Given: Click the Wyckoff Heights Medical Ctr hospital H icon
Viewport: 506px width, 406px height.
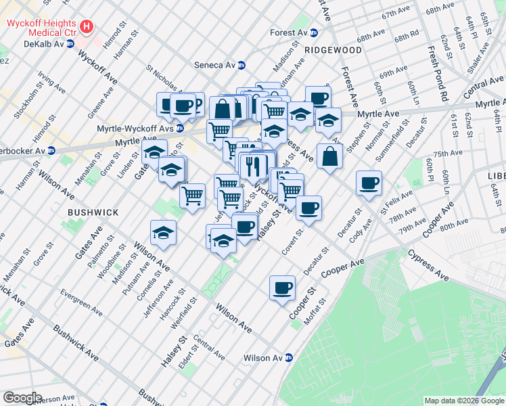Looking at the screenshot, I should click(86, 27).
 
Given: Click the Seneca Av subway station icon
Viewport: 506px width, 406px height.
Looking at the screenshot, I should click(241, 65).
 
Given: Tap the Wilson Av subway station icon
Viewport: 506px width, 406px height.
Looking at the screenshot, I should click(289, 358).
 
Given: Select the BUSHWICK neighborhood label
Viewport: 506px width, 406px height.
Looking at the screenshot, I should click(93, 212).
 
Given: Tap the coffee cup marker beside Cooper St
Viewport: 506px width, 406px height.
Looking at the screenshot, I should click(282, 288).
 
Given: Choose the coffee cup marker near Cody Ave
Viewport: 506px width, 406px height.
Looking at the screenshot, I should click(369, 183).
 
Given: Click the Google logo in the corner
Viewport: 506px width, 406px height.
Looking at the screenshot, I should click(22, 398).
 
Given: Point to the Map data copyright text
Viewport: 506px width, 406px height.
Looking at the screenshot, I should click(464, 401).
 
